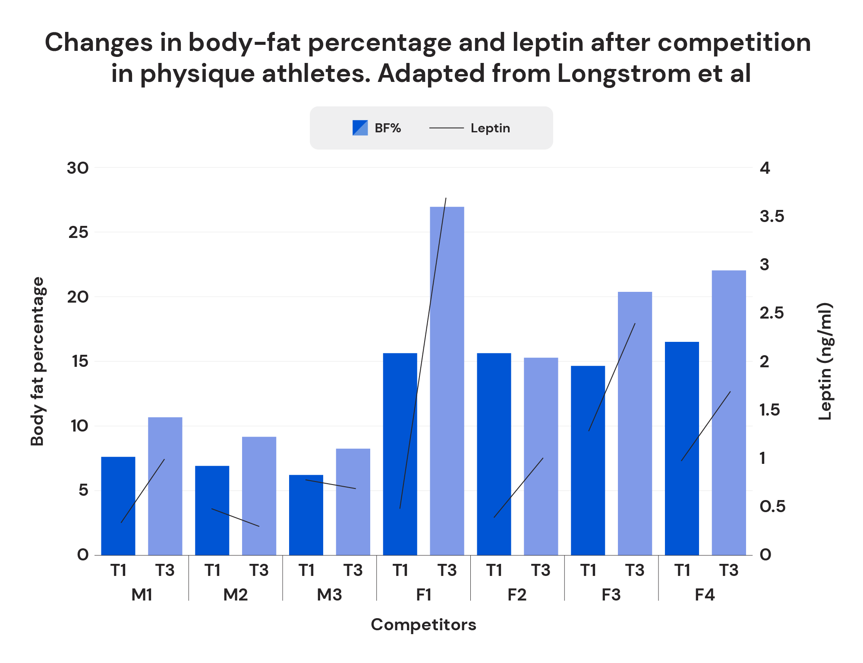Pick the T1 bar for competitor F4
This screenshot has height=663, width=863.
pos(682,448)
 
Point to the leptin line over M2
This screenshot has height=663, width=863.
pos(235,517)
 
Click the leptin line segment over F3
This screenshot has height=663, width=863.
pos(612,377)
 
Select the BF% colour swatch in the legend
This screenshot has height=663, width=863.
pos(360,128)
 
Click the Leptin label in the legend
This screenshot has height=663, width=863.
pos(490,128)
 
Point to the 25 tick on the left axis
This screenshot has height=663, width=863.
pos(78,233)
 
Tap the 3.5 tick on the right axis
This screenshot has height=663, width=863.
pos(772,216)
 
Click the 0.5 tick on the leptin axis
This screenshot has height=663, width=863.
pos(772,507)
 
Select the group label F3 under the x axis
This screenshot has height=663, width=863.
pos(611,595)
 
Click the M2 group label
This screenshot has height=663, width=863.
pos(235,595)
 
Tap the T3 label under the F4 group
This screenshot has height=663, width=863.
pos(729,570)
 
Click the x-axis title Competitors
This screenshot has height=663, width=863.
pos(423,625)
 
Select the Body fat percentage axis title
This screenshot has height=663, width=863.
pos(38,361)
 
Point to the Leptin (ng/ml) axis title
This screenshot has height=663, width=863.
pos(825,361)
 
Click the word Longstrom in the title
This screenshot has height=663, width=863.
pos(624,73)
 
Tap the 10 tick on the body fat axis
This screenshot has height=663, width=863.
pos(79,426)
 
